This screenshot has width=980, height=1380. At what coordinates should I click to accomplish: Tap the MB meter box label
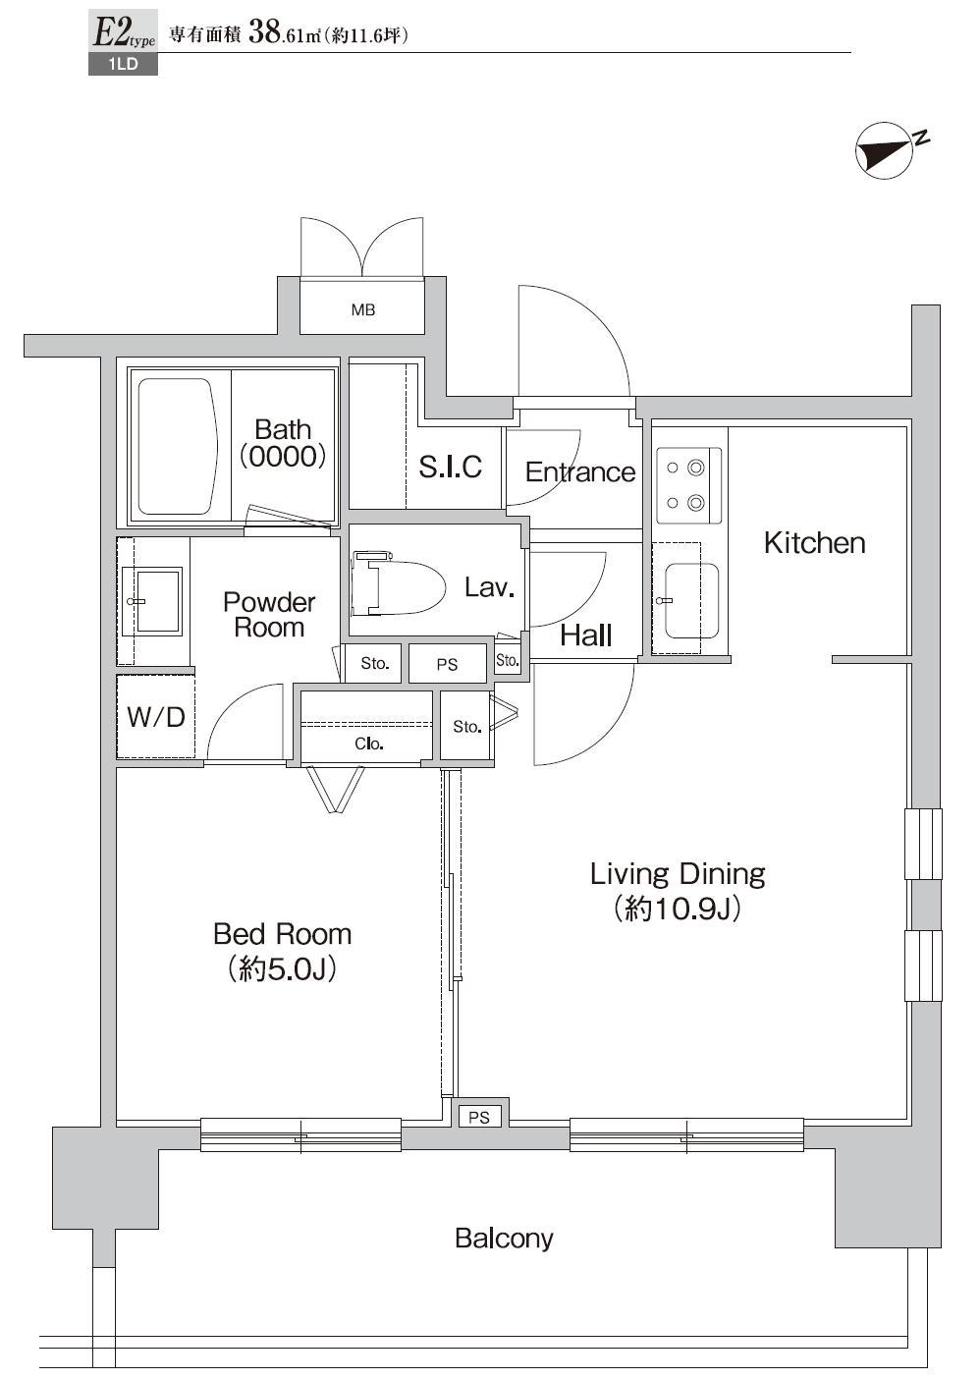pyautogui.click(x=362, y=309)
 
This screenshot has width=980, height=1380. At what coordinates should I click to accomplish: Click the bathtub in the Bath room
pyautogui.click(x=178, y=447)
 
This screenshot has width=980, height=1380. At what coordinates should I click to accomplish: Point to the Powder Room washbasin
pyautogui.click(x=152, y=601)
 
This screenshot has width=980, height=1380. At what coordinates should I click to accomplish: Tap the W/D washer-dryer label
pyautogui.click(x=156, y=717)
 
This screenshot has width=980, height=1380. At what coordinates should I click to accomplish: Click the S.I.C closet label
pyautogui.click(x=451, y=467)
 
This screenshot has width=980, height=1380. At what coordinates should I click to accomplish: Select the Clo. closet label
pyautogui.click(x=369, y=744)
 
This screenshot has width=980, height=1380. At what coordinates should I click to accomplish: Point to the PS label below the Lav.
pyautogui.click(x=447, y=664)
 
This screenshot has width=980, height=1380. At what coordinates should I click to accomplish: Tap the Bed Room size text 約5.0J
pyautogui.click(x=282, y=969)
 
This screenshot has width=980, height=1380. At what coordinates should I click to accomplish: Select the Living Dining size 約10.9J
pyautogui.click(x=677, y=909)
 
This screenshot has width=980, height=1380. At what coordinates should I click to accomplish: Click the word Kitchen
pyautogui.click(x=814, y=543)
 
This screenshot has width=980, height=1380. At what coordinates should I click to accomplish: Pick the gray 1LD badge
pyautogui.click(x=123, y=64)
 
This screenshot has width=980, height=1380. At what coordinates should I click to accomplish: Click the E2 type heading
pyautogui.click(x=123, y=32)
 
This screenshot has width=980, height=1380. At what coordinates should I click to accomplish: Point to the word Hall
pyautogui.click(x=586, y=635)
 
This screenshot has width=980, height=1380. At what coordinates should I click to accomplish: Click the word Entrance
pyautogui.click(x=580, y=471)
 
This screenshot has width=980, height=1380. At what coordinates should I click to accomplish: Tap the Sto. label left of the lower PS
pyautogui.click(x=374, y=664)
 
